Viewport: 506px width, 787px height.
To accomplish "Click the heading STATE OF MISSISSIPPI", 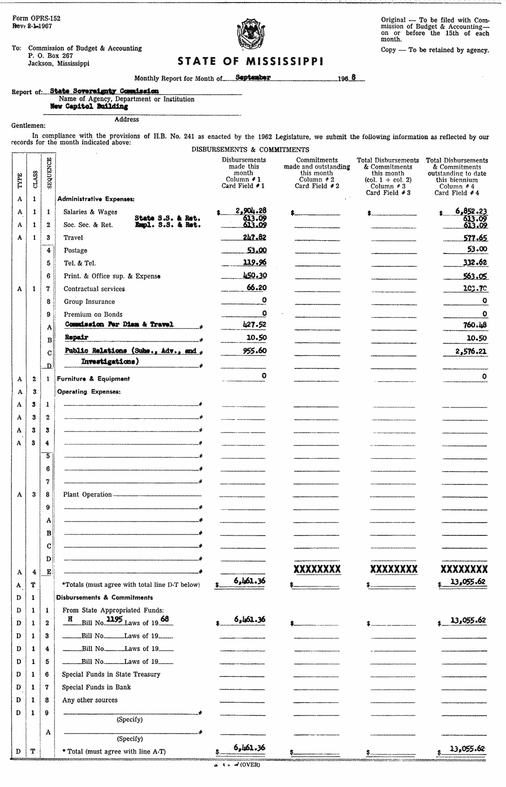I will coord(250,62).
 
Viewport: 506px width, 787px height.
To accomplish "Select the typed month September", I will coord(252,78).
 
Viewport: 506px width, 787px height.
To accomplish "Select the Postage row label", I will coord(75,251).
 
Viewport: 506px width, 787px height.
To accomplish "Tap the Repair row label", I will coord(77,337).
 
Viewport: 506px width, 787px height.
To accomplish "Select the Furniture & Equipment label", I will coord(93,379).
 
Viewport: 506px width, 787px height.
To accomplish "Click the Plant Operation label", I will coord(87,495).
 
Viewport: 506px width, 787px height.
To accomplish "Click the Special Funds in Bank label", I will coord(96,687).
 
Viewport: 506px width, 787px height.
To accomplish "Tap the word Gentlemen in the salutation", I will coord(28,126).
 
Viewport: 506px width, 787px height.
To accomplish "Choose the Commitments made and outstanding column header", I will coord(317,170).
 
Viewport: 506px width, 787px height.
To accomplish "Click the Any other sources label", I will coord(89,700).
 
